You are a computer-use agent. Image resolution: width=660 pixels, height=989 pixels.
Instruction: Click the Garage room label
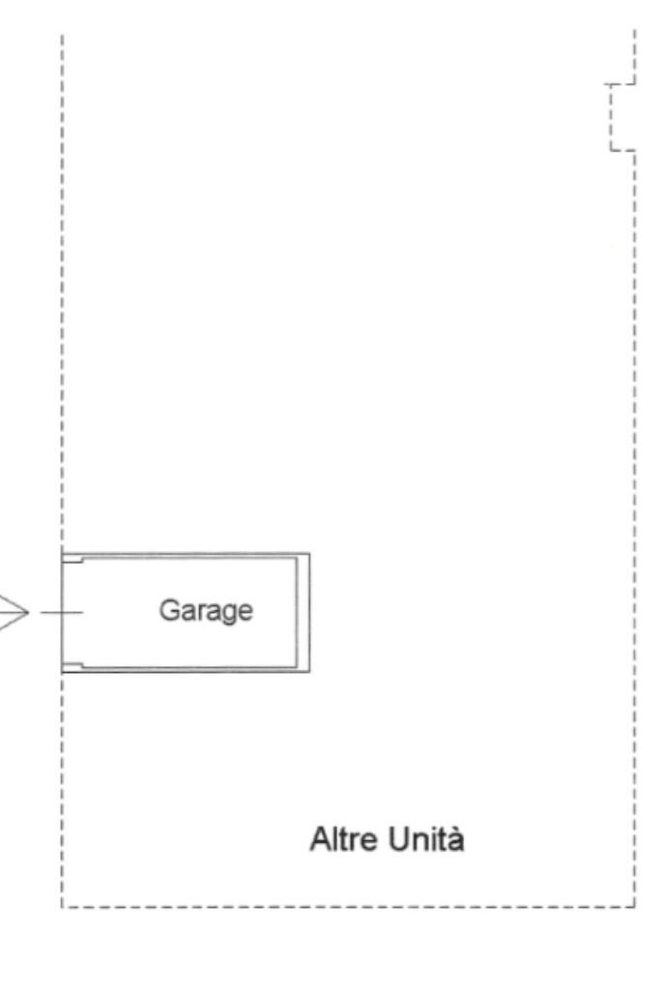click(x=206, y=612)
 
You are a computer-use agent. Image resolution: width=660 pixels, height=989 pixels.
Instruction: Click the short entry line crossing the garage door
click(x=62, y=613)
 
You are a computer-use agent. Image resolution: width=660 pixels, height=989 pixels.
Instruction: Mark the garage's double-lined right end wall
click(x=304, y=613)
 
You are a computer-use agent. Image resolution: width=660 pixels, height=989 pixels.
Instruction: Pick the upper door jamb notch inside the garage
click(x=73, y=560)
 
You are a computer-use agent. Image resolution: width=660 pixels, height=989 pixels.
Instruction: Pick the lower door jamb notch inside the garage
click(x=73, y=665)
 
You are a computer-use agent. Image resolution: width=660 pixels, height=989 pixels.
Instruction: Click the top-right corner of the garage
click(x=308, y=554)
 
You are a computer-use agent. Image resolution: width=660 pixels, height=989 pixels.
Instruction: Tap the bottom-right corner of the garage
click(x=308, y=672)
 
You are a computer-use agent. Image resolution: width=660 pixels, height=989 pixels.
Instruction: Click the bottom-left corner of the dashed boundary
click(x=62, y=907)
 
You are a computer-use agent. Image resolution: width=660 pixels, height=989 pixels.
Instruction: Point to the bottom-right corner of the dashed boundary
click(x=635, y=907)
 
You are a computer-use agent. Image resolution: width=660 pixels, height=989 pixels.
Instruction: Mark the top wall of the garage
click(x=184, y=555)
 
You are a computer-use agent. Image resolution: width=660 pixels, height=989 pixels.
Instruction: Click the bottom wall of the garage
click(x=184, y=670)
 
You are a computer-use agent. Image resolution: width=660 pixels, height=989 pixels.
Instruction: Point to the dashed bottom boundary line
click(x=348, y=907)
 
